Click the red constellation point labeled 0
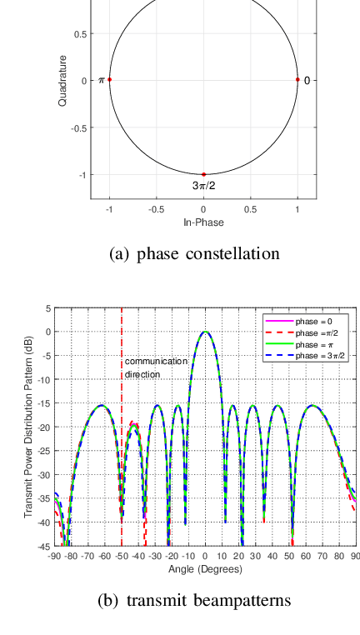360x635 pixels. coord(297,80)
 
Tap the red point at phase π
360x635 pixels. coord(109,80)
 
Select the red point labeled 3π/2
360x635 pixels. coord(203,174)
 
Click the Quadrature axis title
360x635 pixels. coord(62,81)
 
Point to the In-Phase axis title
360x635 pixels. coord(203,223)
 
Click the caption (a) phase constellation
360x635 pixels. coord(194,253)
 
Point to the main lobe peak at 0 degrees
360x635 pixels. coord(206,332)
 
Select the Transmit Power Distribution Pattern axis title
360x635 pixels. coord(28,427)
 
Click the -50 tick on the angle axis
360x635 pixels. coord(122,555)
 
